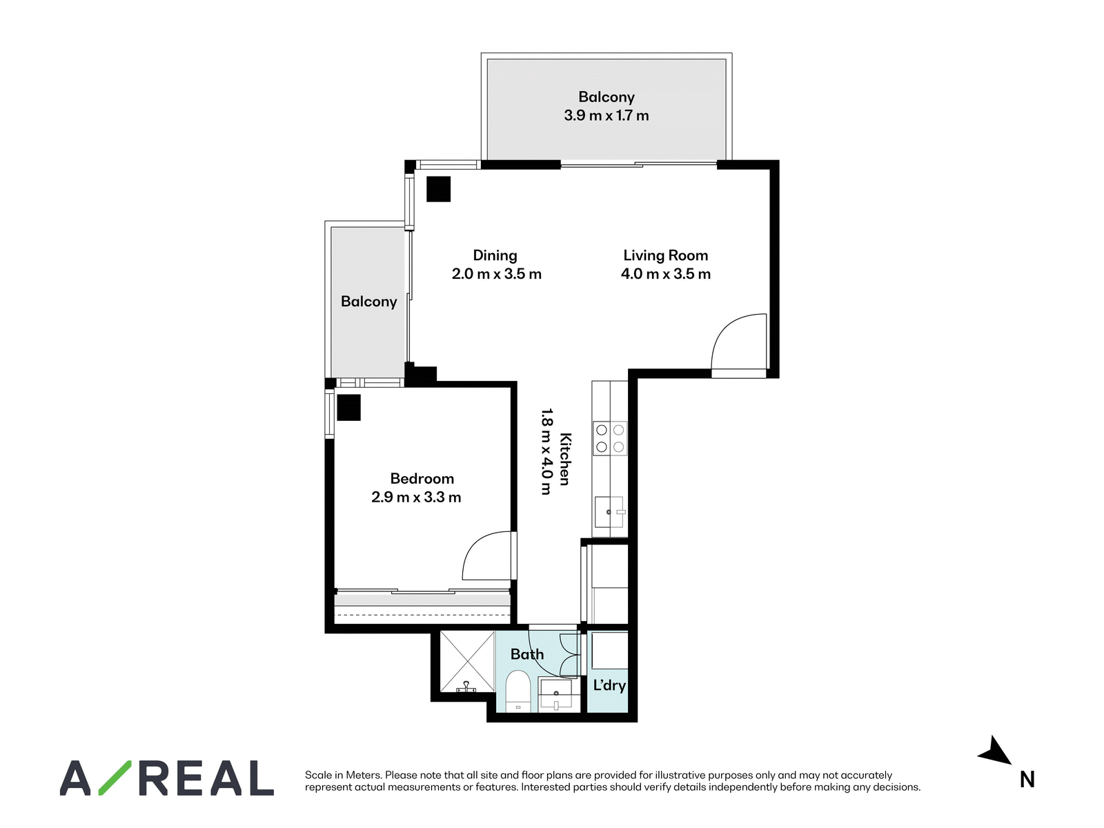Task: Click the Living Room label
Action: (665, 255)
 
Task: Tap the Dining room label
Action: (495, 255)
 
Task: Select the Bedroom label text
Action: (422, 478)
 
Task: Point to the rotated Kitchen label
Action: (565, 459)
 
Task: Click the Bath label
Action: (527, 653)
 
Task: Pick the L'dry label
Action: (609, 685)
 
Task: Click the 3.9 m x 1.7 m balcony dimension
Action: (606, 116)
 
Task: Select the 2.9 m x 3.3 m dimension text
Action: (416, 497)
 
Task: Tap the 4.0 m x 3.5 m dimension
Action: (665, 274)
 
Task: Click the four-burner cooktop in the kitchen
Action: (609, 438)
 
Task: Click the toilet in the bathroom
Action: (517, 691)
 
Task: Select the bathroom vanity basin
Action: (555, 694)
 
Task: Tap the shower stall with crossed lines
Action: (466, 662)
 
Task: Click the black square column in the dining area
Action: (438, 189)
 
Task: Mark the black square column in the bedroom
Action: (348, 407)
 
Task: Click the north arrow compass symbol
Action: (996, 752)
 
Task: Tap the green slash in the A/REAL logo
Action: (115, 778)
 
